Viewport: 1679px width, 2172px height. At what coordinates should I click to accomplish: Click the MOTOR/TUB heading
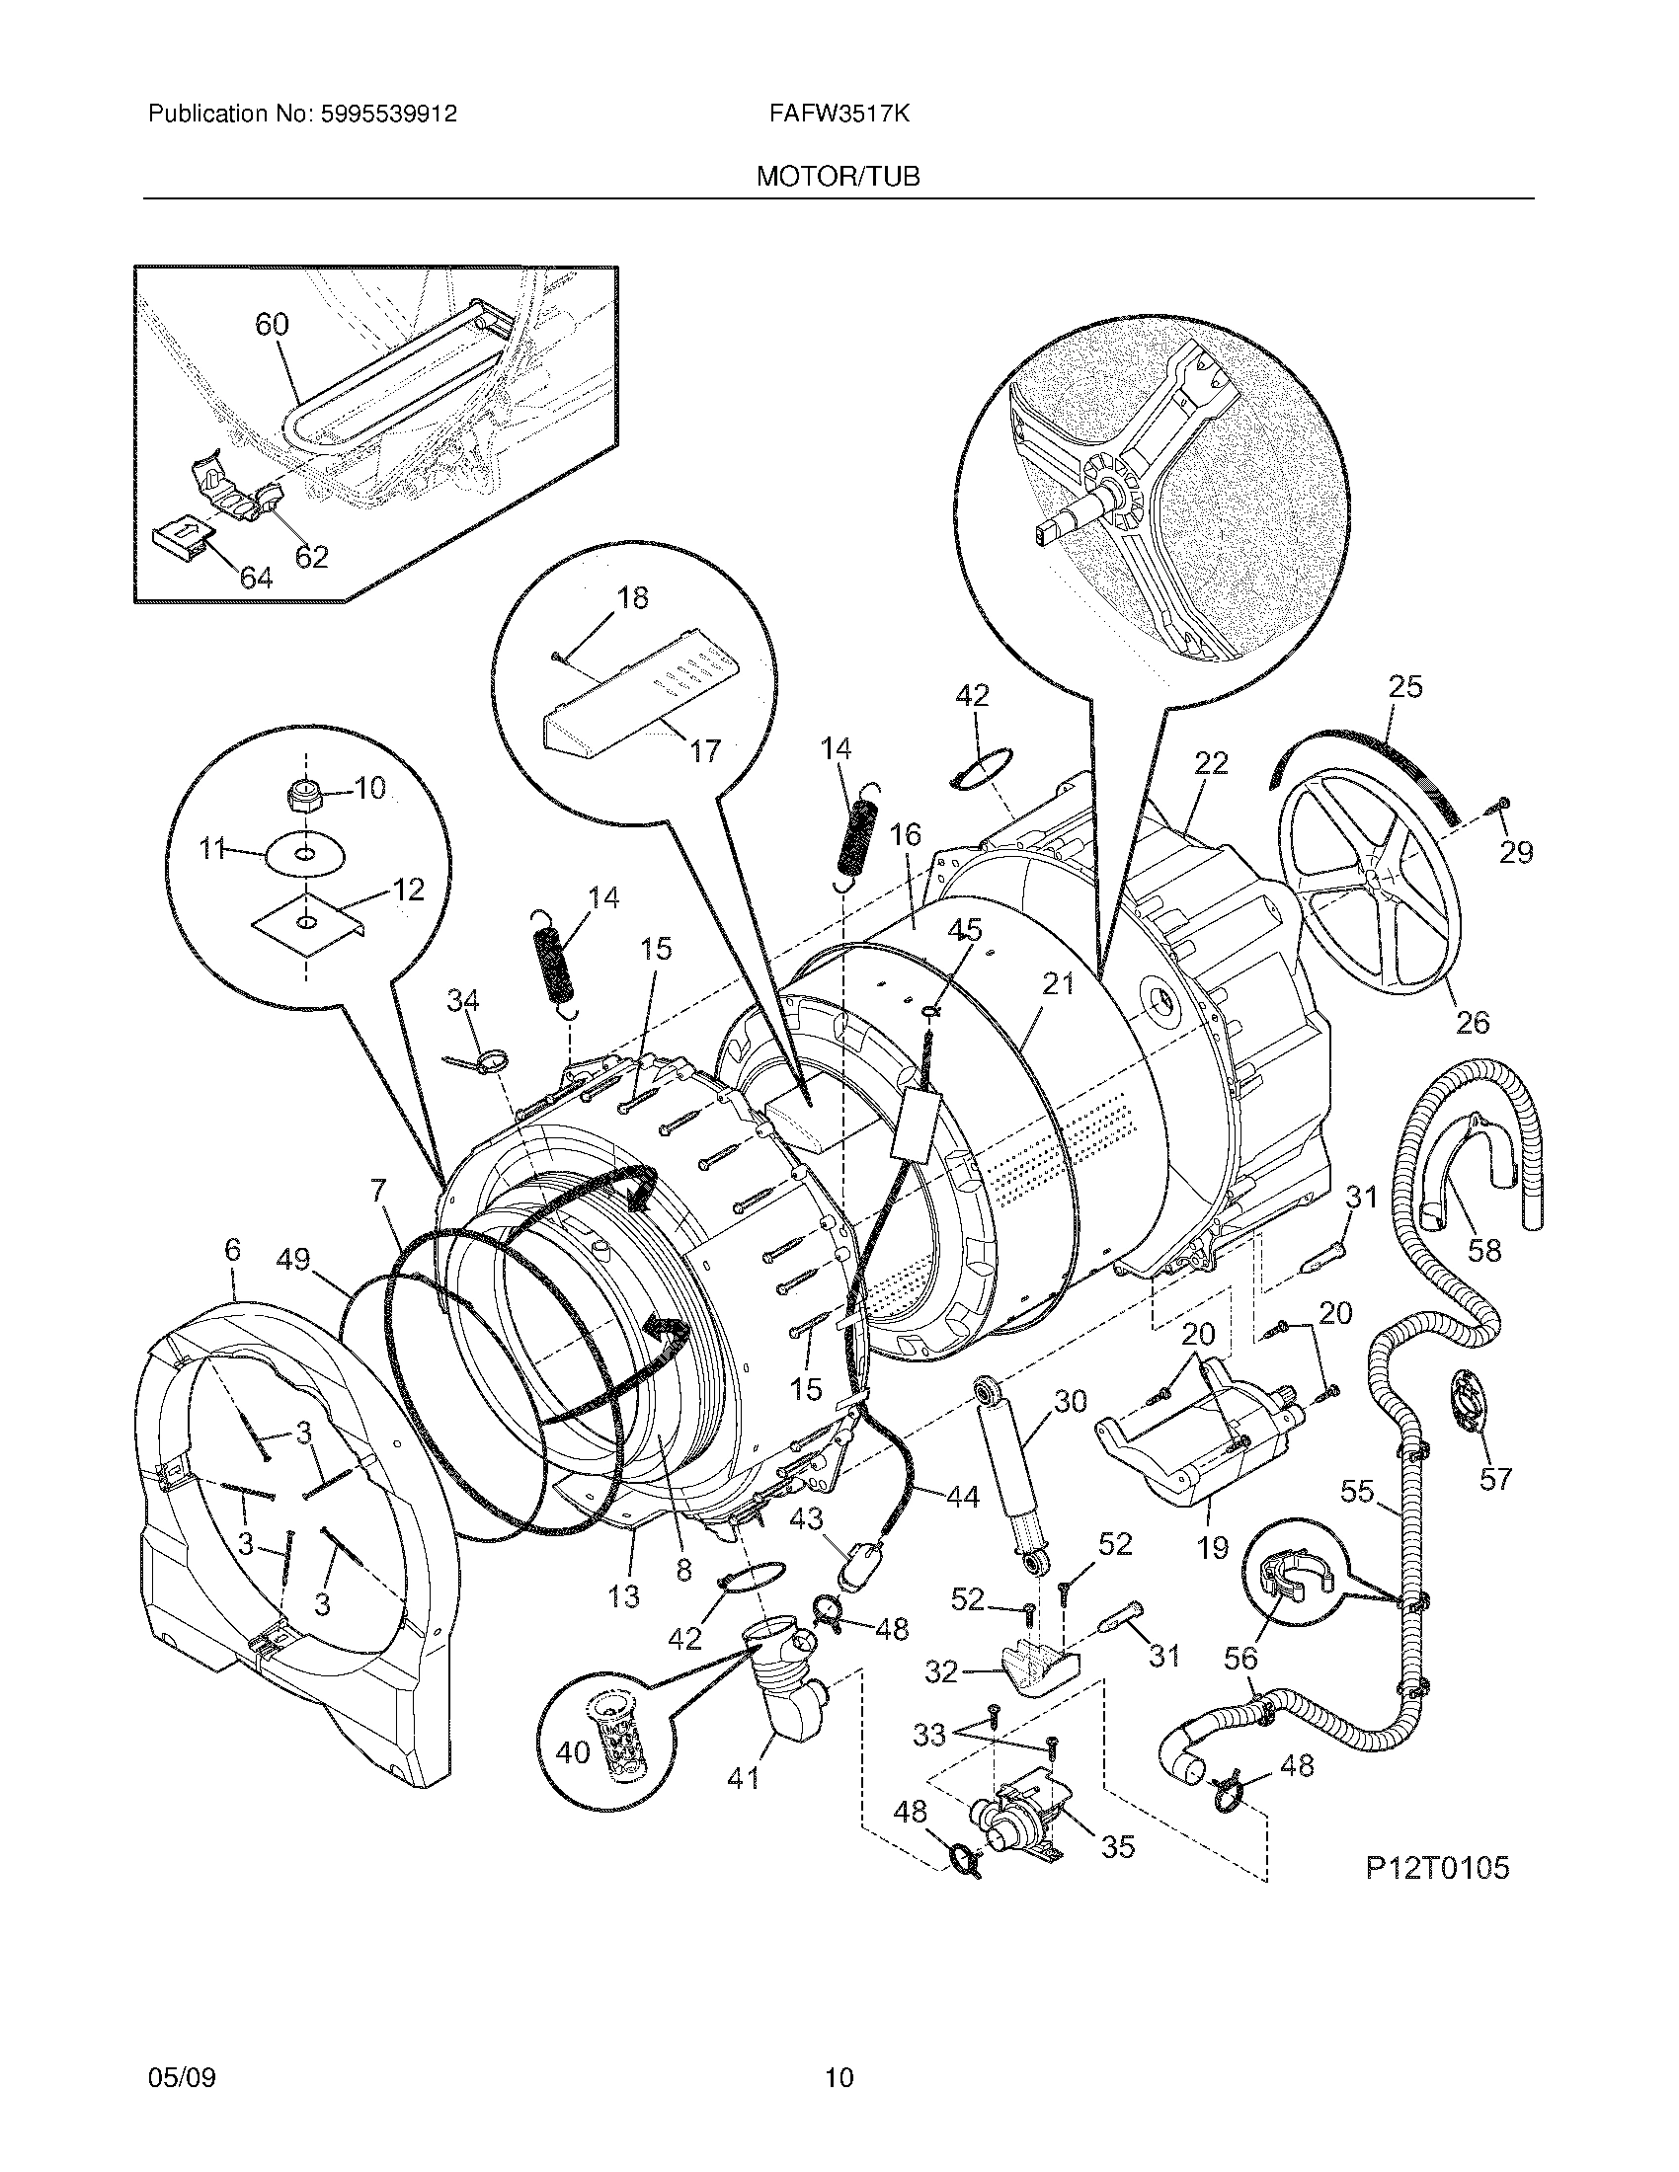tap(838, 176)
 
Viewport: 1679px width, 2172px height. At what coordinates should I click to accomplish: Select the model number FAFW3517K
tap(838, 114)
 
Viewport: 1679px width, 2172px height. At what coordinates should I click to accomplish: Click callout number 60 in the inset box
tap(272, 324)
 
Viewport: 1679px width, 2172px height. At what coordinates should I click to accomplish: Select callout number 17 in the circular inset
tap(704, 751)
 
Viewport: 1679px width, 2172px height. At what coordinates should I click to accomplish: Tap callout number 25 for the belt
tap(1406, 686)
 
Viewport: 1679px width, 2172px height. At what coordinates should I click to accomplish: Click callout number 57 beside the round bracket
tap(1495, 1479)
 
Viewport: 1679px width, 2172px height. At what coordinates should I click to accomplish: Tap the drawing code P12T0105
tap(1436, 1868)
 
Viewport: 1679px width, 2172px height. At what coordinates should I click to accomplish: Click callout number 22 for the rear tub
tap(1211, 764)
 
